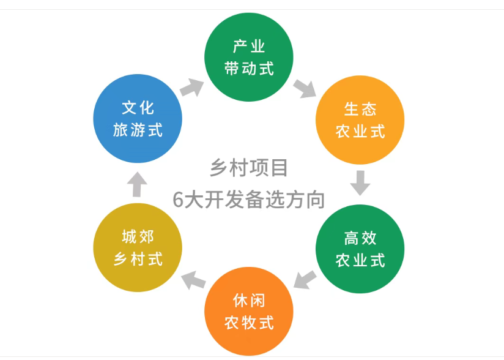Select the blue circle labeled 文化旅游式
tap(138, 119)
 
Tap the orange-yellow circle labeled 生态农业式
tap(360, 119)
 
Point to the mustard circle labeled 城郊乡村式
tap(138, 248)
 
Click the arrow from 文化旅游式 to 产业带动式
tap(191, 87)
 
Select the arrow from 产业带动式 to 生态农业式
tap(304, 88)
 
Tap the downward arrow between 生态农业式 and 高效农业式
tap(360, 182)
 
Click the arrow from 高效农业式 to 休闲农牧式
tap(305, 279)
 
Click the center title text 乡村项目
tap(248, 168)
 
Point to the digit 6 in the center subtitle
tap(177, 200)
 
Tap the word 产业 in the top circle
tap(249, 47)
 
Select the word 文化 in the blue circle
tap(138, 108)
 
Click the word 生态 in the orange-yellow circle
tap(360, 109)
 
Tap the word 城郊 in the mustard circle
tap(138, 238)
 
